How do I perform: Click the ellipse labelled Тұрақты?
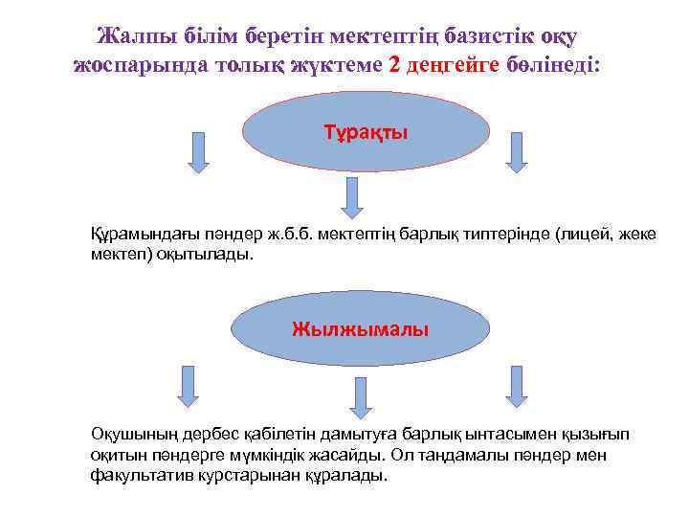pos(366,133)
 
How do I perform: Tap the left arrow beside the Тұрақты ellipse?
pos(198,152)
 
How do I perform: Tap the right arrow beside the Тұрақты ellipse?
pos(517,152)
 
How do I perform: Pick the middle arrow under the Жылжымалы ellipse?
pos(360,395)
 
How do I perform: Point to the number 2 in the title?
pos(395,65)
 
